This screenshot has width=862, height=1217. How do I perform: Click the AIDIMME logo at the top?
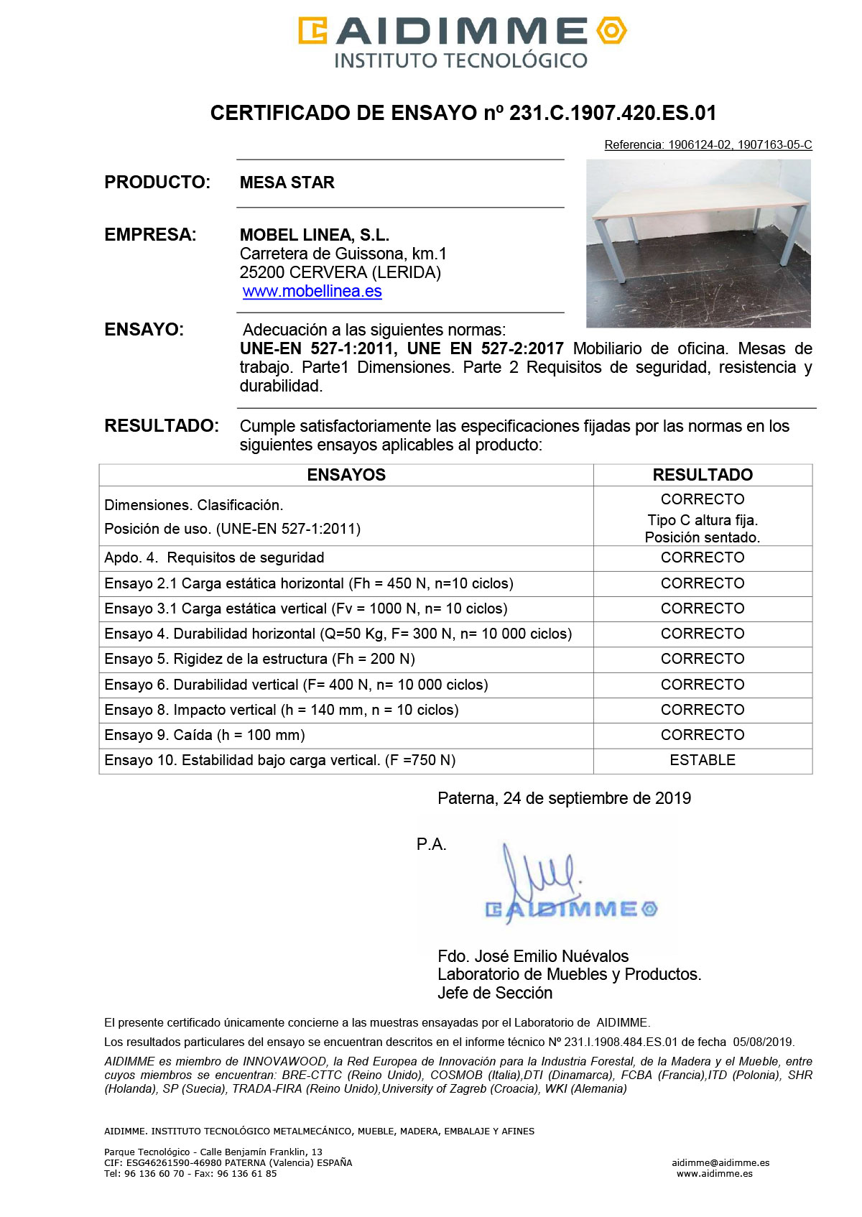click(462, 42)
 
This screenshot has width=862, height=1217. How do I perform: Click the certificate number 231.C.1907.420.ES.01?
click(613, 113)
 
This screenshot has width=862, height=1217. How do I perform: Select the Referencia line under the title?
click(708, 145)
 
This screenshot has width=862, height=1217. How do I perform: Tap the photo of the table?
click(698, 244)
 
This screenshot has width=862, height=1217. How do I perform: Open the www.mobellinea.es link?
click(312, 292)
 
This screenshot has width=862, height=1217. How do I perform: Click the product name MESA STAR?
click(287, 182)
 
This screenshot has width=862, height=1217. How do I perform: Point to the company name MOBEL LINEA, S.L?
click(314, 235)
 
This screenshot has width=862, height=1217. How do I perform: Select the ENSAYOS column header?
click(346, 475)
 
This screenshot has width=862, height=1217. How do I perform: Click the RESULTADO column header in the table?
click(703, 475)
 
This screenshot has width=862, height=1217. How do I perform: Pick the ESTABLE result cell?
click(703, 760)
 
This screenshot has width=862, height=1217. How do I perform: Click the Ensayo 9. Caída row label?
click(205, 735)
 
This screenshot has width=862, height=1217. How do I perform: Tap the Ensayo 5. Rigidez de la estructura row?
click(259, 659)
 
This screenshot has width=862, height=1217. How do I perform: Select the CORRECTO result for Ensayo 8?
click(703, 710)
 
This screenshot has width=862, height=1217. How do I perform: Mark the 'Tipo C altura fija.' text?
click(703, 520)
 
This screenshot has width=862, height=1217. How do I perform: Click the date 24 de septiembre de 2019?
click(597, 798)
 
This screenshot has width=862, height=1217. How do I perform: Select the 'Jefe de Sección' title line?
click(495, 993)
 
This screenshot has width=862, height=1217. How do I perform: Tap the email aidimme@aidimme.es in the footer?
click(720, 1162)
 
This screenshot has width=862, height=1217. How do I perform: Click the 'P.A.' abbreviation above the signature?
click(431, 845)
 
